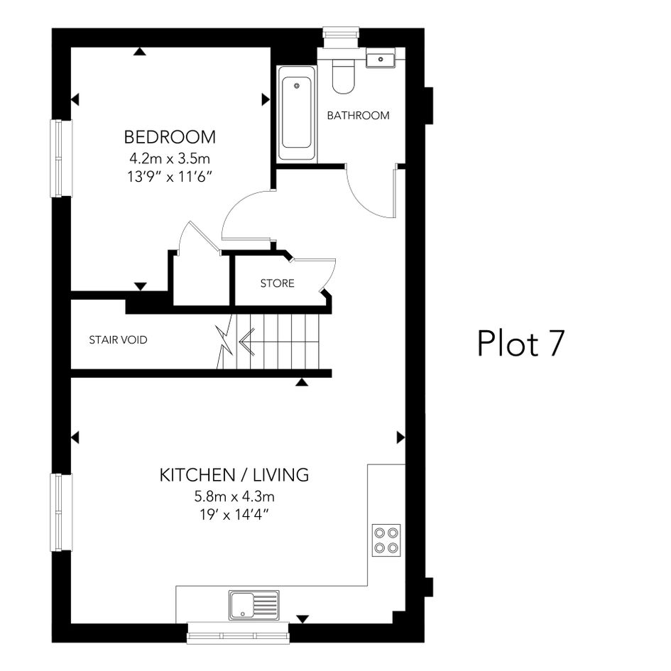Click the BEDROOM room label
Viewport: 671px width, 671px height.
point(170,137)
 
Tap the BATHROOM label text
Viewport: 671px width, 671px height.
point(358,116)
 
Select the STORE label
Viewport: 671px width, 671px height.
point(278,283)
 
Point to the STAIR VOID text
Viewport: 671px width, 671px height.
point(118,340)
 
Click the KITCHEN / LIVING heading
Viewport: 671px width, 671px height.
point(234,475)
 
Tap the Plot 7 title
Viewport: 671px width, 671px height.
point(520,343)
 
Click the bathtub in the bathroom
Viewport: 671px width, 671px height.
point(297,114)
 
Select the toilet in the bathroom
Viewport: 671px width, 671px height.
point(344,76)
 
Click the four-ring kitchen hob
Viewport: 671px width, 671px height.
point(386,540)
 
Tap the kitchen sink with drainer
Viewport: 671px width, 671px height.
point(253,605)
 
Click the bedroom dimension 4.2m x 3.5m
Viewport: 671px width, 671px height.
point(170,159)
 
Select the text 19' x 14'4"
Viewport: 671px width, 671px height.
point(234,514)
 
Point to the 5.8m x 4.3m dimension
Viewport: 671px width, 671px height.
point(234,496)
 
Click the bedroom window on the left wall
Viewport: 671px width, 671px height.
point(61,158)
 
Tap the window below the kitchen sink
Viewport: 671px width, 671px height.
point(239,633)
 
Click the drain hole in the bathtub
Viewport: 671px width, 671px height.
point(297,86)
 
